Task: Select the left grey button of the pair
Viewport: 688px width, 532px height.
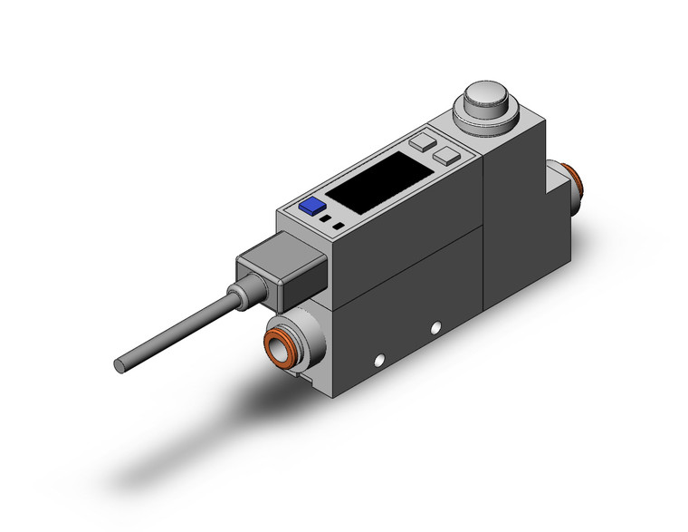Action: [422, 142]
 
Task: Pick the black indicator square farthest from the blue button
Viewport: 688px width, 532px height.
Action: [339, 225]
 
